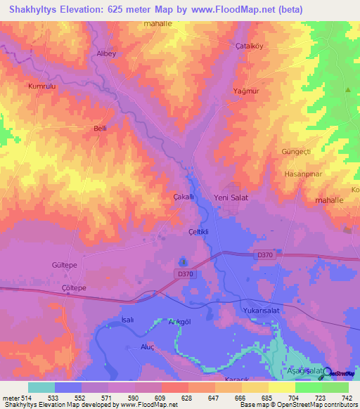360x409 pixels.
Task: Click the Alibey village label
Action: [105, 53]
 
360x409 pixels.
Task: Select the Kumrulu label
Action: [41, 86]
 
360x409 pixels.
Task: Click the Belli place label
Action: [101, 129]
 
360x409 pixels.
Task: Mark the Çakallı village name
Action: [184, 197]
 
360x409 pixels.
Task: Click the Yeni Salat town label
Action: [231, 198]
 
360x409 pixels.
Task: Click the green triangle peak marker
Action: [347, 90]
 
